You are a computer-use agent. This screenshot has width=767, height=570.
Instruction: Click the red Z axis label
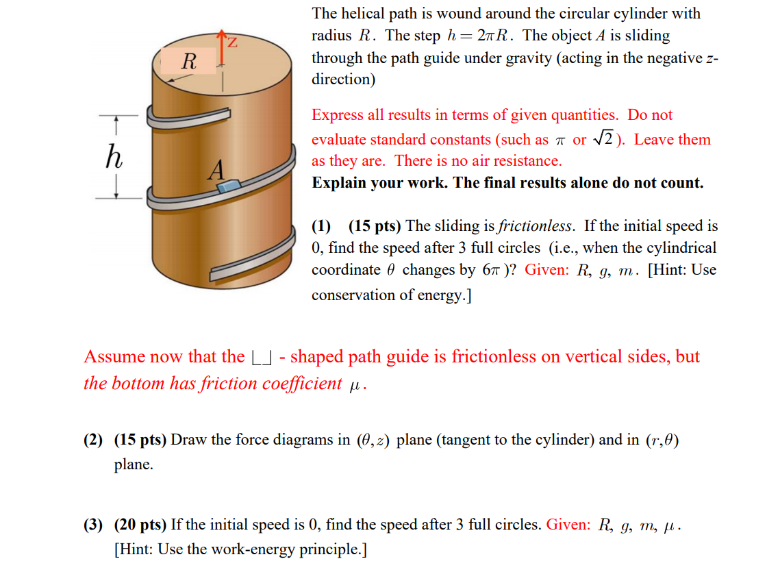[233, 43]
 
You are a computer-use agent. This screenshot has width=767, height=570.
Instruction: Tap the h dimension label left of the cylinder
[114, 158]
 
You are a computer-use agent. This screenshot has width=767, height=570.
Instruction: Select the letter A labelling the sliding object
[216, 169]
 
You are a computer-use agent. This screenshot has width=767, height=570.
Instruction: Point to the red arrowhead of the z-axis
[221, 34]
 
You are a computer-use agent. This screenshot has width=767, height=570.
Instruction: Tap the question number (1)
[321, 225]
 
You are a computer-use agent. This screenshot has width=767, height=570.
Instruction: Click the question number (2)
[93, 439]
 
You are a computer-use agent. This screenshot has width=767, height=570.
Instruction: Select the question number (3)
[93, 525]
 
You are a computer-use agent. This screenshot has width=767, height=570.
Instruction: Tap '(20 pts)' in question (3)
[140, 525]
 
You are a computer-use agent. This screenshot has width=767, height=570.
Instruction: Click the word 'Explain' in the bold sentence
[338, 183]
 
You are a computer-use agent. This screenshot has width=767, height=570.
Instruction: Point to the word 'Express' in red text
[338, 115]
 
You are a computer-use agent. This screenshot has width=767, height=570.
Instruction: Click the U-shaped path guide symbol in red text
[264, 358]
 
